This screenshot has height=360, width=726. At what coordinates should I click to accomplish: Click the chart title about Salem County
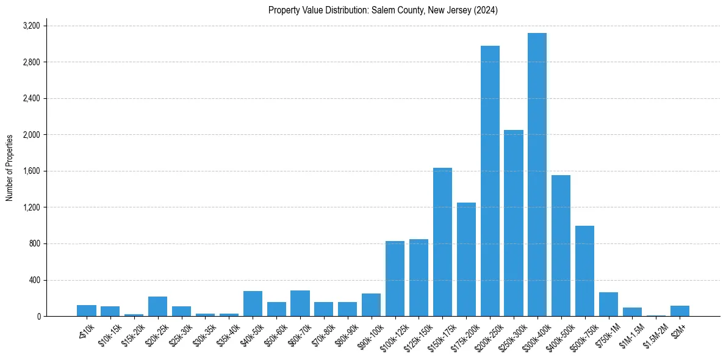pyautogui.click(x=383, y=10)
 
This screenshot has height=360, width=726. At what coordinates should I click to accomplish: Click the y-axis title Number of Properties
pyautogui.click(x=10, y=168)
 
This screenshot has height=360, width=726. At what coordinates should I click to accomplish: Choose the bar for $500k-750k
pyautogui.click(x=584, y=271)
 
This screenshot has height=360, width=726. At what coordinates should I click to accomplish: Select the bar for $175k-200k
pyautogui.click(x=466, y=259)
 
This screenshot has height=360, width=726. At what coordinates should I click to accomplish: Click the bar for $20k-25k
pyautogui.click(x=157, y=306)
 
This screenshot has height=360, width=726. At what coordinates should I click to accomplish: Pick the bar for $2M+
pyautogui.click(x=680, y=311)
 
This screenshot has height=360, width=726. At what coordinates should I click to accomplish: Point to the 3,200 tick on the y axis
pyautogui.click(x=31, y=26)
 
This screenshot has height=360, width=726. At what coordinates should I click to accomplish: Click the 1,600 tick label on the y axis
pyautogui.click(x=31, y=171)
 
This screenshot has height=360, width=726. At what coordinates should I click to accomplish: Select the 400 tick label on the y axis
pyautogui.click(x=35, y=280)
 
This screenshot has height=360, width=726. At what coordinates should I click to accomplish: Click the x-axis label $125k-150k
pyautogui.click(x=417, y=335)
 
